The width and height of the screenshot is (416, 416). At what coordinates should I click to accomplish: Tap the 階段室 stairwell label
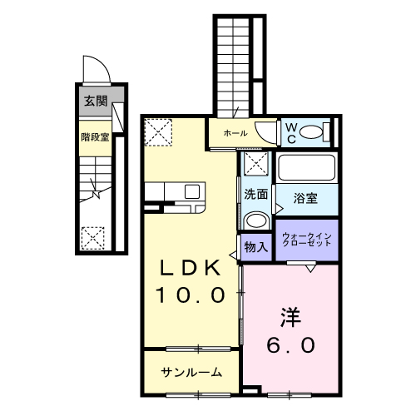point(95,136)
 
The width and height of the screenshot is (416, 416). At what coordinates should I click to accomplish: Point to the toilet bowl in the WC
point(311,131)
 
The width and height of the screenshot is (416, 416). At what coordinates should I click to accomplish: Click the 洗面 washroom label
point(255,195)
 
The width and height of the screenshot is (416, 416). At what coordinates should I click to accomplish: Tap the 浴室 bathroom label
point(306,198)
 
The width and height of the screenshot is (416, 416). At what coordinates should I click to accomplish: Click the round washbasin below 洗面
point(255,221)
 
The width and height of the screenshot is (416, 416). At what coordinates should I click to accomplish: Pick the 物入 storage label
point(255,246)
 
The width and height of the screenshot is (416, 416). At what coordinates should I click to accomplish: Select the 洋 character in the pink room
point(288,318)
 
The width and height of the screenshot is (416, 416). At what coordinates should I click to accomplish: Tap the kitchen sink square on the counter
point(191,191)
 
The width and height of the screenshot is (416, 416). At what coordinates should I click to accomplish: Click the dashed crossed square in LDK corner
point(157,131)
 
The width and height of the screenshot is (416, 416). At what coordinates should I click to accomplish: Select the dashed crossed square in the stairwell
point(92,238)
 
